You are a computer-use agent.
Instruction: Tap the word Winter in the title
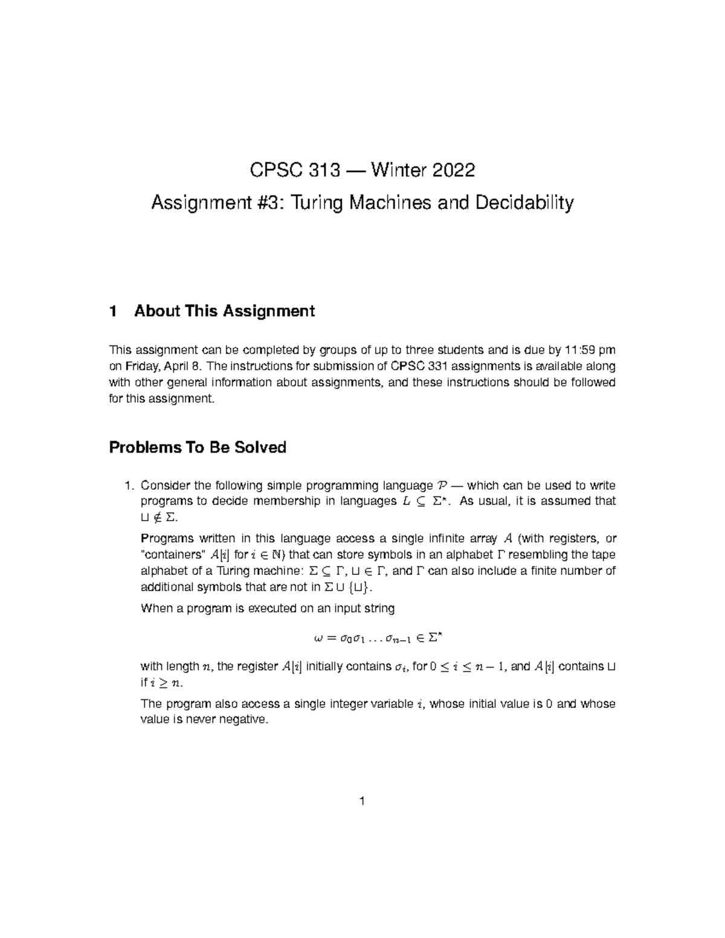(395, 171)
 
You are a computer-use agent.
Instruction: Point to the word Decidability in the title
(524, 203)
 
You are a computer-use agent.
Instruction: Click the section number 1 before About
(112, 311)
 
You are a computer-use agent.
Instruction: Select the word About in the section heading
(157, 311)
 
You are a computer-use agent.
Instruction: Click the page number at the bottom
(362, 801)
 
